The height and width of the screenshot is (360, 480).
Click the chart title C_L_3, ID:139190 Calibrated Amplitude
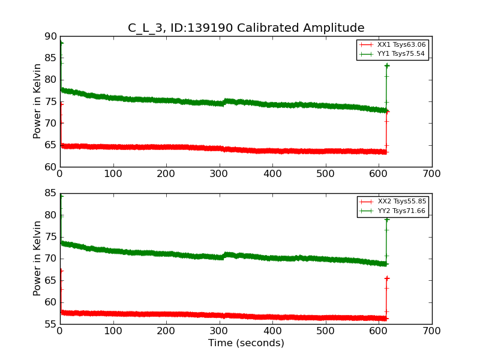pyautogui.click(x=246, y=28)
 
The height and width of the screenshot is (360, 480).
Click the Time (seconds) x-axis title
pyautogui.click(x=246, y=343)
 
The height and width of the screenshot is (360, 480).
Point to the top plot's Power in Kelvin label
pyautogui.click(x=37, y=101)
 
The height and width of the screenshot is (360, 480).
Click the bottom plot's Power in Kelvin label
pyautogui.click(x=37, y=259)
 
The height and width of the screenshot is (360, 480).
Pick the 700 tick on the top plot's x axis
pyautogui.click(x=432, y=174)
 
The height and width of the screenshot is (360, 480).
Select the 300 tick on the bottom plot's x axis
pyautogui.click(x=220, y=331)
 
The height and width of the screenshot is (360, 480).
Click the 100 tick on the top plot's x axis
pyautogui.click(x=113, y=174)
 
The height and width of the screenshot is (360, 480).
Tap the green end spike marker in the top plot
pyautogui.click(x=387, y=65)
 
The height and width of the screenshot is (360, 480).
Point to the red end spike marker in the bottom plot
pyautogui.click(x=387, y=278)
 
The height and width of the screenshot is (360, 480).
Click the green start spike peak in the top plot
pyautogui.click(x=61, y=43)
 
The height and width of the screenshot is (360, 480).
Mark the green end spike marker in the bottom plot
pyautogui.click(x=387, y=220)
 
